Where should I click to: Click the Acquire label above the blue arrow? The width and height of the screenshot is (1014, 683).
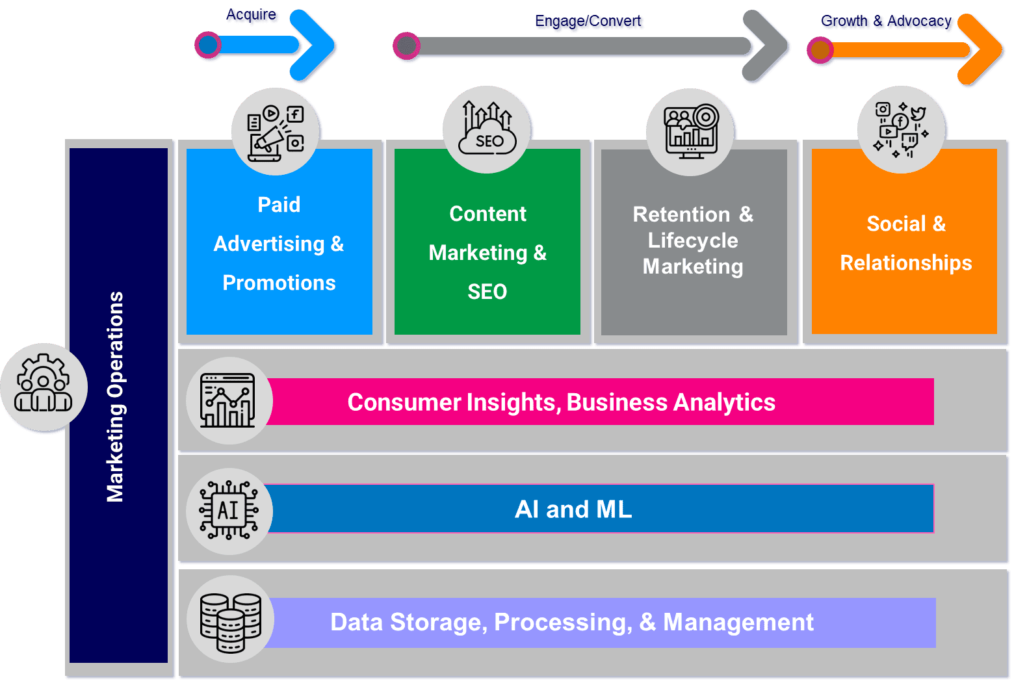point(252,16)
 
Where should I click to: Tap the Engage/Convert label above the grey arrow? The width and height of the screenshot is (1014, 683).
point(589,22)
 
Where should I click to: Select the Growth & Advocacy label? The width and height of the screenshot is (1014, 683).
point(887,22)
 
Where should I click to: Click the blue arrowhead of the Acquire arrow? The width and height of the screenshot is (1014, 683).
point(315,46)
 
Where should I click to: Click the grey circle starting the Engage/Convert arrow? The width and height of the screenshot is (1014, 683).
point(407,47)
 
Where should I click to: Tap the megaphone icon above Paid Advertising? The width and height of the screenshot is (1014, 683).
point(276,132)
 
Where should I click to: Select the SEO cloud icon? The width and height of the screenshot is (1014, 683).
point(487,130)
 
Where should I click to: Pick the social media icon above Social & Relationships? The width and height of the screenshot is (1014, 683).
point(901,130)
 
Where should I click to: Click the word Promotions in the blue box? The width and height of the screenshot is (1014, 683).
point(279,283)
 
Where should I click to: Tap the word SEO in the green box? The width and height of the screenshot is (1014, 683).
point(487,292)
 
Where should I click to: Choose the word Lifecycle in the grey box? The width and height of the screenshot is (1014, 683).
point(693,240)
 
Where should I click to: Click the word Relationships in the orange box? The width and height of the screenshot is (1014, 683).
point(905,263)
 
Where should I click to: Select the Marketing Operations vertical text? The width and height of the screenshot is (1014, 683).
point(116,396)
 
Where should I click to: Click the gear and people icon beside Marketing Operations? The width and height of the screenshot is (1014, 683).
point(44,386)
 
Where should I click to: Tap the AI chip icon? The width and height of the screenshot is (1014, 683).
point(228,511)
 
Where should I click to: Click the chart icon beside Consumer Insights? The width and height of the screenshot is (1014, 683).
point(228,401)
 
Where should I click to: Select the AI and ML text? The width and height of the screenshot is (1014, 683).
point(573,509)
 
